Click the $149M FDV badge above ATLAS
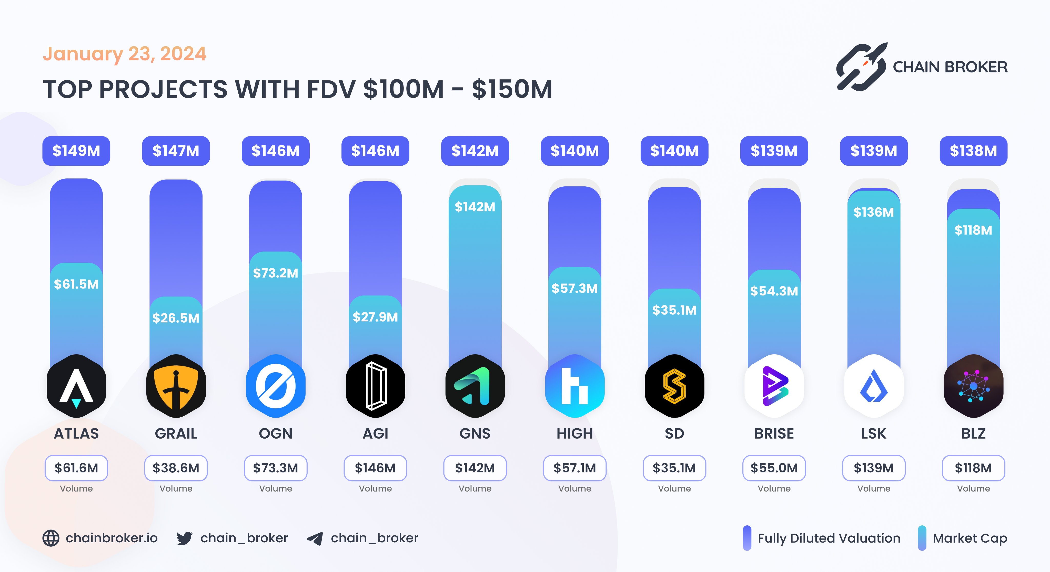point(76,151)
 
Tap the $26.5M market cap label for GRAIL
point(176,318)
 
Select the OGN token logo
point(276,386)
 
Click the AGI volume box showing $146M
point(375,468)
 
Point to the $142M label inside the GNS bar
point(475,207)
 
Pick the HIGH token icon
point(575,386)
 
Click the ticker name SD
point(674,433)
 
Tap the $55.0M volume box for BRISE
point(774,468)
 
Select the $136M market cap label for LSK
point(874,212)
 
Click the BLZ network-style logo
point(973,386)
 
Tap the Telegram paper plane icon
point(315,538)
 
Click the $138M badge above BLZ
point(973,151)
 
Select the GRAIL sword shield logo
point(176,386)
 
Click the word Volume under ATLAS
point(76,489)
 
